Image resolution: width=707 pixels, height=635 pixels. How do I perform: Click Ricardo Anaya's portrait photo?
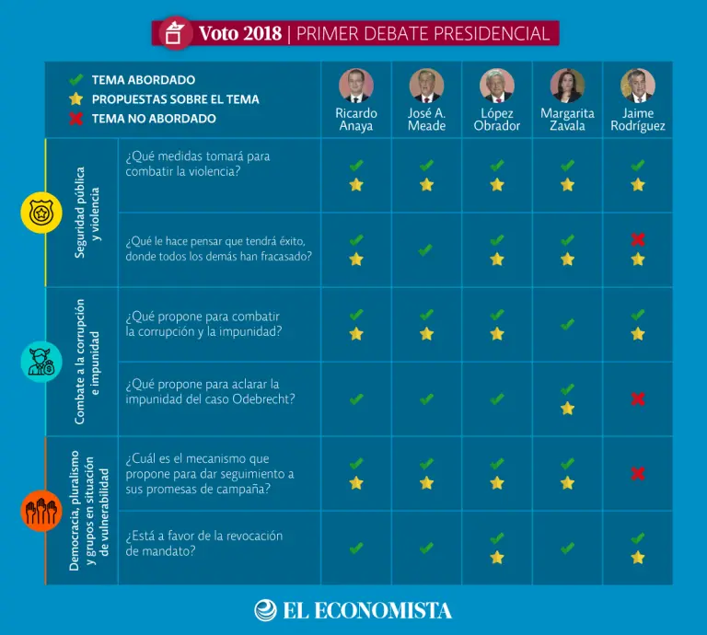[x=356, y=86]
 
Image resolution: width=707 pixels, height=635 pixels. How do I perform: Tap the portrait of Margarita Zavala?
[x=567, y=86]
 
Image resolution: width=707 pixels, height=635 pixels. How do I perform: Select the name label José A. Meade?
[x=426, y=120]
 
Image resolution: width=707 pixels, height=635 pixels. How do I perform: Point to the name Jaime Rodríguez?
[x=637, y=120]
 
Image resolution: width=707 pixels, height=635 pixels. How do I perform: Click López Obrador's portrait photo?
[x=497, y=86]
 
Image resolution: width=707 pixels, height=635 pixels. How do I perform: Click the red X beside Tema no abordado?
[x=76, y=119]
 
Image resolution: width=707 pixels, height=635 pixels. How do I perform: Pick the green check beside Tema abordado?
[x=76, y=80]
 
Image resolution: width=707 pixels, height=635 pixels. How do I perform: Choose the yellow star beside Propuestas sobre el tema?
[x=76, y=99]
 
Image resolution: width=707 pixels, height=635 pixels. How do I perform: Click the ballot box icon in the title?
[x=174, y=34]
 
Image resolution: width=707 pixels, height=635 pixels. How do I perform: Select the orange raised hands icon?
[x=41, y=511]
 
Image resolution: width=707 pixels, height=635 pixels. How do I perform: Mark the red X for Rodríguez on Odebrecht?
[x=638, y=399]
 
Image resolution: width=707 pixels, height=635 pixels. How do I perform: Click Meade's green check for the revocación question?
[x=426, y=548]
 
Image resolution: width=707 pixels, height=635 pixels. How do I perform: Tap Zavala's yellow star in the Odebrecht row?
[x=567, y=408]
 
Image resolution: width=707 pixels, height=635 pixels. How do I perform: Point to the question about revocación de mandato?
[x=204, y=543]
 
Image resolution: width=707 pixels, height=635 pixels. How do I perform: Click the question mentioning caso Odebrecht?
[x=210, y=391]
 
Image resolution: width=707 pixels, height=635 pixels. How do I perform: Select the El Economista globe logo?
[x=265, y=610]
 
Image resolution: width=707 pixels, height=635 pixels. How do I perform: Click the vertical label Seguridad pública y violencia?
[x=87, y=213]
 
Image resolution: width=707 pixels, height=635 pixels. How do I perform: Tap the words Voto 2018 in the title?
[x=241, y=34]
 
